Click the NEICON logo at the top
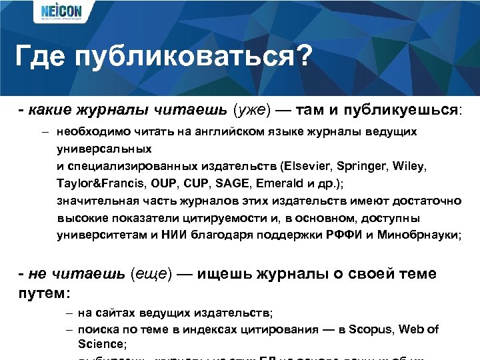tap(61, 13)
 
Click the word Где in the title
tap(41, 56)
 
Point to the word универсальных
tap(105, 149)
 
